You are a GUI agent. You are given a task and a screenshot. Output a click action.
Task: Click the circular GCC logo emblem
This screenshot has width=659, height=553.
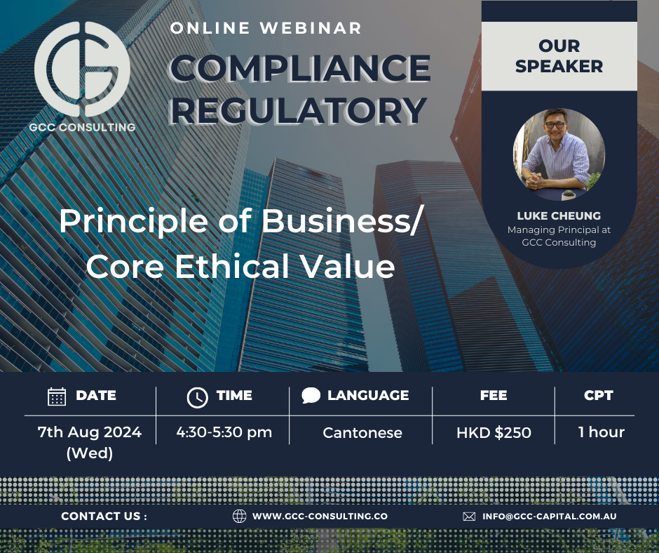[82, 69]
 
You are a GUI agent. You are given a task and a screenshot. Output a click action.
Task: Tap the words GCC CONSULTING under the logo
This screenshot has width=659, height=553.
[83, 127]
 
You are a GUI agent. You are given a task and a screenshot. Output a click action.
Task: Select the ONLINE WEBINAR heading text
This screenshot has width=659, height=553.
[266, 29]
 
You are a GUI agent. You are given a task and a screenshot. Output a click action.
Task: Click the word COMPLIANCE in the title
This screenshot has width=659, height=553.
[300, 67]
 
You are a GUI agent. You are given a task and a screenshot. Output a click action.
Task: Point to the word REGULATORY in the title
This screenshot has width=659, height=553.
[299, 110]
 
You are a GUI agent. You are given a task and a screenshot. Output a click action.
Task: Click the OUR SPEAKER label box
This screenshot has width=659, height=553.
[559, 56]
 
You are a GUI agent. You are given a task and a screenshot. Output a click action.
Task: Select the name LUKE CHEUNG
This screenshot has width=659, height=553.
[559, 215]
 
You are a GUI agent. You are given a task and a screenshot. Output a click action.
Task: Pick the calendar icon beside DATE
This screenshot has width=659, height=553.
[57, 396]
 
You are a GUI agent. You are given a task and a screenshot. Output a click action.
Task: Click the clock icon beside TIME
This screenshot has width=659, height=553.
[198, 397]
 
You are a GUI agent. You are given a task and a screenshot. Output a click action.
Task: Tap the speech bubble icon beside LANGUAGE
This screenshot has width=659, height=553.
[311, 395]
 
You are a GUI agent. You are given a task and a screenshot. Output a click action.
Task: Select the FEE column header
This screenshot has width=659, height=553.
[494, 395]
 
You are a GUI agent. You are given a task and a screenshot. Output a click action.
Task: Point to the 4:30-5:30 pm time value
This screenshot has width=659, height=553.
[224, 432]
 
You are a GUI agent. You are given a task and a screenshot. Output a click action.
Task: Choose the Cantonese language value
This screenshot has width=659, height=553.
[362, 433]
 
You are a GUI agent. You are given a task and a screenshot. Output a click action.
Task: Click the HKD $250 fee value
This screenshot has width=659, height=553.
[494, 433]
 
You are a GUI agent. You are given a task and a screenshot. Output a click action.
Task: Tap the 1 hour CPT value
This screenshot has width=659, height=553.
[601, 432]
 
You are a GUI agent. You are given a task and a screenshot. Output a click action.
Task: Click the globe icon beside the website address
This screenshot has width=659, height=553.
[240, 516]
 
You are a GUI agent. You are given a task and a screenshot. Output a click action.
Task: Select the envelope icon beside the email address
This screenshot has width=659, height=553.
[469, 516]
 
